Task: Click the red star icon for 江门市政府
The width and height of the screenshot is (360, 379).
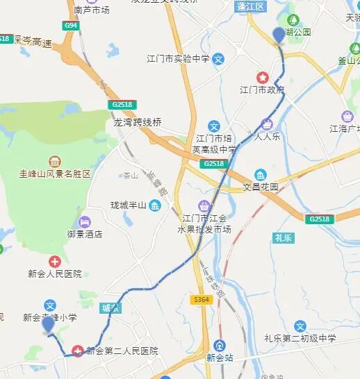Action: pos(263,77)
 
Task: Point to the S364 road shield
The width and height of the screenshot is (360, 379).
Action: pos(202,299)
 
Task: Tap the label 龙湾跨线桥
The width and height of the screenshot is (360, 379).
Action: pos(138,122)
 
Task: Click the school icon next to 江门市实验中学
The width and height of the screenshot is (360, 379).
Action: pos(218,59)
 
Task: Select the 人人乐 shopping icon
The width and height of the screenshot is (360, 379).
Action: pos(265,125)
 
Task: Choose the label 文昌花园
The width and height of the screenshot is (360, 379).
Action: pos(261,187)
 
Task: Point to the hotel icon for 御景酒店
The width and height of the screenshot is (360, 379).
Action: pos(83,222)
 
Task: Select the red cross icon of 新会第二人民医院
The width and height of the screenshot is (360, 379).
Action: pos(78,350)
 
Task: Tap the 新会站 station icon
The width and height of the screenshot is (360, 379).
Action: pos(220,345)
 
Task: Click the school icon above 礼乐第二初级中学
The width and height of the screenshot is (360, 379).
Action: pos(300,326)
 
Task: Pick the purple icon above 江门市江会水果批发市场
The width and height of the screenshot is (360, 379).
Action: pos(204,205)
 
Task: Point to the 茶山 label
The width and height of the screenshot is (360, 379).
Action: pos(129,176)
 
